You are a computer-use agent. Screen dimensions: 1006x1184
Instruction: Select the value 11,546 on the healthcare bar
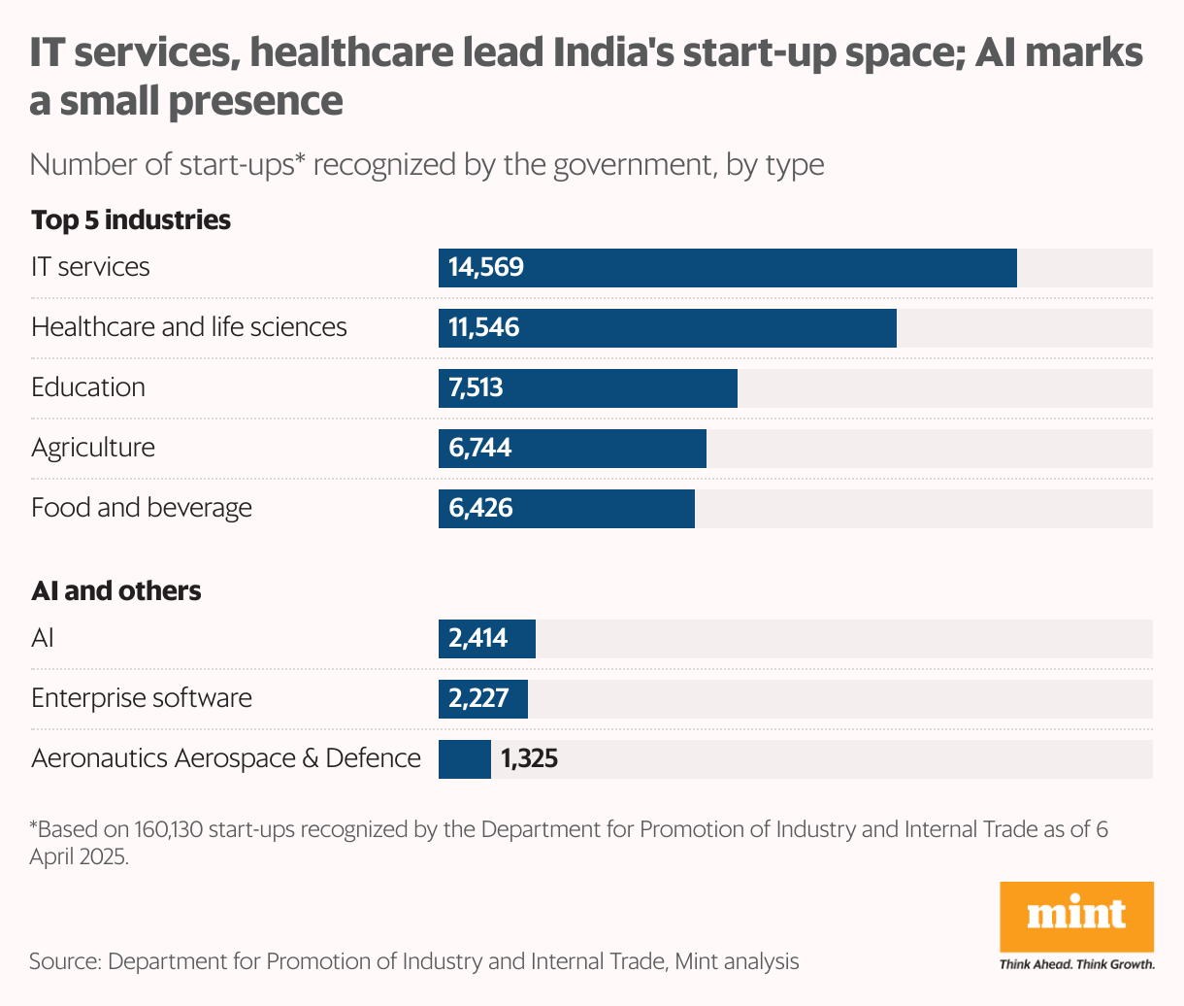(484, 328)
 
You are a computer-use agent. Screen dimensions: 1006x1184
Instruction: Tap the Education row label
(88, 387)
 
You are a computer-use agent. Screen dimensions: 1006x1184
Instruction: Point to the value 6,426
(480, 509)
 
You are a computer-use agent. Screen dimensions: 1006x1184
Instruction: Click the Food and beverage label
(142, 508)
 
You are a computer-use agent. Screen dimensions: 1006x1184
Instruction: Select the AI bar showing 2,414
(486, 639)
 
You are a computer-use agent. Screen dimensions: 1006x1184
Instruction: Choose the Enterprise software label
(142, 698)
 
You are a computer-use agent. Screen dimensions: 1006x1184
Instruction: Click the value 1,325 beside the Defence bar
(529, 758)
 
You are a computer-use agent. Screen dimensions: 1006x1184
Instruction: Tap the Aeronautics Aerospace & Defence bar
(465, 759)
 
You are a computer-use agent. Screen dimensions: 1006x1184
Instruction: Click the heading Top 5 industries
(131, 220)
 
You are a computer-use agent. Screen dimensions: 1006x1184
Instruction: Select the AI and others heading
(116, 591)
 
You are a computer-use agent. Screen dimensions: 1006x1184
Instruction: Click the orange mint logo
(1076, 916)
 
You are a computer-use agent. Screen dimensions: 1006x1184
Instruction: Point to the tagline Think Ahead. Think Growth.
(1076, 964)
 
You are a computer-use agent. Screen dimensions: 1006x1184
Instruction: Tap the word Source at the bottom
(64, 962)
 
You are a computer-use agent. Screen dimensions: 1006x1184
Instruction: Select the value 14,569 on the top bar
(486, 267)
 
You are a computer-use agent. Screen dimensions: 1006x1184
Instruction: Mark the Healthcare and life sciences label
(189, 327)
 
